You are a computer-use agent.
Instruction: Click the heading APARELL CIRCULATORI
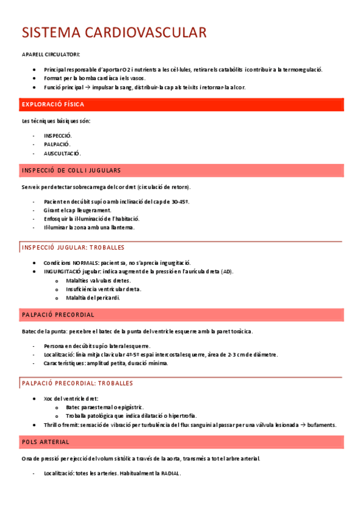pyautogui.click(x=46, y=55)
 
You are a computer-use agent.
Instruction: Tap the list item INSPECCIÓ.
pyautogui.click(x=58, y=135)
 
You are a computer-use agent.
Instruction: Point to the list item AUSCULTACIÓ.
pyautogui.click(x=62, y=153)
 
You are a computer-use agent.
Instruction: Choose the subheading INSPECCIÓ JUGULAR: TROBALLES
pyautogui.click(x=73, y=247)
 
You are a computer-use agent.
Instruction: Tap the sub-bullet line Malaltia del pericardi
pyautogui.click(x=93, y=298)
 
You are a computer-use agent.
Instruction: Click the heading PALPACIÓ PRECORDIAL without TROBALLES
pyautogui.click(x=58, y=315)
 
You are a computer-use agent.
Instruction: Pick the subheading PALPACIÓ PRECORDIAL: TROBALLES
pyautogui.click(x=78, y=383)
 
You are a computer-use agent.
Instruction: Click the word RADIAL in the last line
pyautogui.click(x=170, y=473)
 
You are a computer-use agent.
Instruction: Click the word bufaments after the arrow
pyautogui.click(x=322, y=425)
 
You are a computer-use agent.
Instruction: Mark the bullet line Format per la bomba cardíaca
pyautogui.click(x=94, y=78)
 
